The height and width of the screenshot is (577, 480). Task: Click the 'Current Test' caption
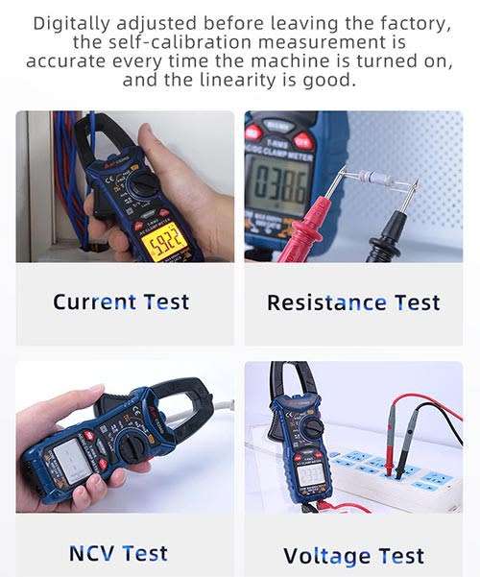pos(121,301)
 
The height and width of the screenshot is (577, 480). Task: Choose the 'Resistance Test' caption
pos(353,302)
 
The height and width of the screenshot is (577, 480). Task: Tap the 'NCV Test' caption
pos(118,553)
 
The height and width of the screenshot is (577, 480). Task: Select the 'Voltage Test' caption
pos(353,555)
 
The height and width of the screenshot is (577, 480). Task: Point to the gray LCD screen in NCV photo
pos(55,460)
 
